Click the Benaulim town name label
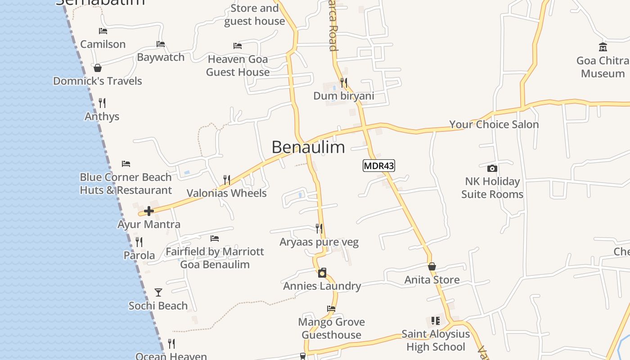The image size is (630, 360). [308, 147]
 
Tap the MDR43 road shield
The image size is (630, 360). [379, 166]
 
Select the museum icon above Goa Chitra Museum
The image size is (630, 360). [603, 47]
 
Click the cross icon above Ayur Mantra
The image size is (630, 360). [149, 211]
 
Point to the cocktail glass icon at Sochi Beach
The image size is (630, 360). [158, 292]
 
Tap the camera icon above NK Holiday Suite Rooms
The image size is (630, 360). [492, 168]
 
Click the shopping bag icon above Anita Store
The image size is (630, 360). [432, 266]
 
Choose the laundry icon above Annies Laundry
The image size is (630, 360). [322, 273]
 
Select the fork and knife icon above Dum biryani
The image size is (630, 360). [344, 83]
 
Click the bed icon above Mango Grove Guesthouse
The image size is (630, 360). [331, 309]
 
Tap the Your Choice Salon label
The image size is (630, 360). [494, 125]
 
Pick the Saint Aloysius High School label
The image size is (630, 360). [436, 340]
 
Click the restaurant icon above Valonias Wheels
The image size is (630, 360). [227, 180]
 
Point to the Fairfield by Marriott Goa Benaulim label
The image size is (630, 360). [215, 258]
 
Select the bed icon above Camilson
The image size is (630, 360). [103, 31]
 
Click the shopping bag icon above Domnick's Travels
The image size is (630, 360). [98, 68]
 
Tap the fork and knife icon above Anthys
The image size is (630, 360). [102, 103]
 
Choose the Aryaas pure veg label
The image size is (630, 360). [319, 242]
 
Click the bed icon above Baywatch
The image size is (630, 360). [161, 44]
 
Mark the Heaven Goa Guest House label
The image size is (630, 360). [238, 66]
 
